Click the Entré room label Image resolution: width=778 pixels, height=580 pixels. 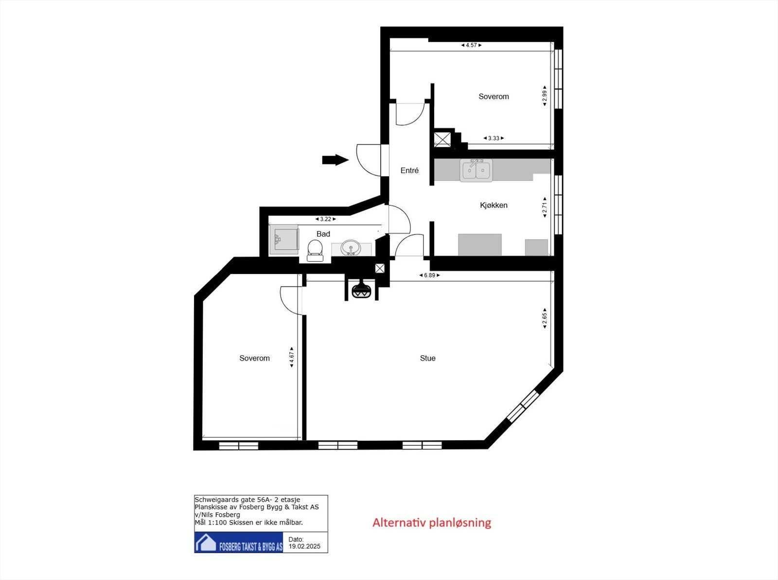click(x=409, y=170)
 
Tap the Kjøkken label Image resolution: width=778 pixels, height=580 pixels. click(x=494, y=205)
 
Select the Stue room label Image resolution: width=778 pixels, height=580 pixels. click(x=427, y=358)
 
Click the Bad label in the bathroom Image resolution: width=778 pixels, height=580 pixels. click(x=323, y=234)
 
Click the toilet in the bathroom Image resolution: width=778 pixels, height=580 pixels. click(x=315, y=251)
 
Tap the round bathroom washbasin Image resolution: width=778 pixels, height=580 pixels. click(x=351, y=248)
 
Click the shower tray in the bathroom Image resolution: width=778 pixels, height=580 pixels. click(x=284, y=239)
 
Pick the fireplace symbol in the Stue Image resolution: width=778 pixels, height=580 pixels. click(x=361, y=290)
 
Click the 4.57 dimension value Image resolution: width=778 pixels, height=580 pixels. click(x=471, y=45)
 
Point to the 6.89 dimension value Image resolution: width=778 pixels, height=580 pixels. click(x=429, y=275)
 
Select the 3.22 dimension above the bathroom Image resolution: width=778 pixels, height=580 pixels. click(x=325, y=219)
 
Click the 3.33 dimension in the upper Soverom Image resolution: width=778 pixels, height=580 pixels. click(x=494, y=138)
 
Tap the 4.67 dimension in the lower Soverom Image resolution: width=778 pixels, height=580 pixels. click(x=292, y=357)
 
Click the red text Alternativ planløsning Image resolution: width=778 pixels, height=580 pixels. click(x=432, y=523)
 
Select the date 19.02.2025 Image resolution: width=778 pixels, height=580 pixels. click(x=304, y=546)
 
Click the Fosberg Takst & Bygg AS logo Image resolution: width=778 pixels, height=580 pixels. click(x=239, y=543)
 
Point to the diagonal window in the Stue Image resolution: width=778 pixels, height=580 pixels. click(x=523, y=405)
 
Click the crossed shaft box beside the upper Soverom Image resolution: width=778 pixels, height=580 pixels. click(x=442, y=140)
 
